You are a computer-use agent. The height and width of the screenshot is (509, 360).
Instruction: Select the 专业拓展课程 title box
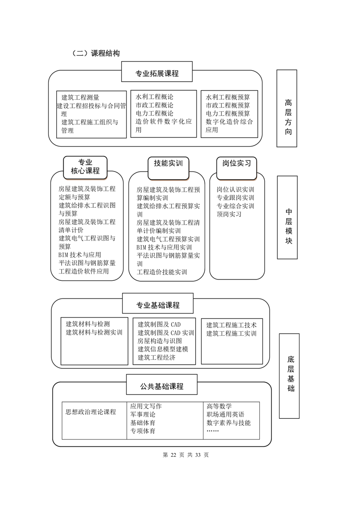[x=157, y=73]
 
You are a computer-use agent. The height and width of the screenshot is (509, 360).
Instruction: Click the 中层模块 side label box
[x=288, y=217]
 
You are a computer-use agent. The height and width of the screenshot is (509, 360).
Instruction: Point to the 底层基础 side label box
[x=290, y=376]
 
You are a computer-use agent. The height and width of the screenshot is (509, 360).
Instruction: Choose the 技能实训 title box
[x=168, y=163]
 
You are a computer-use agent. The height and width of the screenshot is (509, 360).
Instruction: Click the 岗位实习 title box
[x=237, y=163]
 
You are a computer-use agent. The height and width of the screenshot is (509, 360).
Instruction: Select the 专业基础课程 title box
[x=158, y=305]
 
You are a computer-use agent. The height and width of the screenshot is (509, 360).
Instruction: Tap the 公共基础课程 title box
[x=162, y=387]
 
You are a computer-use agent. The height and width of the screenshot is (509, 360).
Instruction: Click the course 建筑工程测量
[x=80, y=97]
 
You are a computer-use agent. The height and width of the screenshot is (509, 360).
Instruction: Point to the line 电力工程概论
[x=154, y=113]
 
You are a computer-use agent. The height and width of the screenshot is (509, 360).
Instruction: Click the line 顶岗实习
[x=229, y=214]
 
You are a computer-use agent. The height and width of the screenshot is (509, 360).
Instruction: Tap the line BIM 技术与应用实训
[x=164, y=247]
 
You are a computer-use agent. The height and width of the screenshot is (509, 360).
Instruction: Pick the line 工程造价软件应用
[x=84, y=271]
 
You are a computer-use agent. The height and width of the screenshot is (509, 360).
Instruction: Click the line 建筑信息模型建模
[x=163, y=349]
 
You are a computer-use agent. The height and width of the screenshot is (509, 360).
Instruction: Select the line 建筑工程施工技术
[x=232, y=325]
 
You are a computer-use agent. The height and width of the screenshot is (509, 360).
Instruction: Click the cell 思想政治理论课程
[x=91, y=412]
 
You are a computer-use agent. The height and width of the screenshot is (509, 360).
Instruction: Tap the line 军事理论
[x=143, y=414]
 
